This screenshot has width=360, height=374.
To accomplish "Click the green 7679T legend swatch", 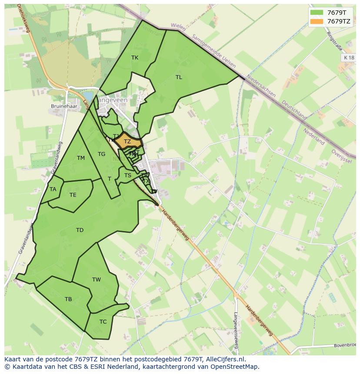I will point(317,13).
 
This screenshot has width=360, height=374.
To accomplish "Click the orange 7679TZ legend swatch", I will point(317,21).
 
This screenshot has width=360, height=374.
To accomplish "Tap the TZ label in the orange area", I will point(127,142).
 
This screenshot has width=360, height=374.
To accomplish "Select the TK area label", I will point(135,58).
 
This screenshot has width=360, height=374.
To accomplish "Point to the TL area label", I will point(179,77).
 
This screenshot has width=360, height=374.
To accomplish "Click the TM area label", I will point(81,158).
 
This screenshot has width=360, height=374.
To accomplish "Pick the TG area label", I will point(101,154).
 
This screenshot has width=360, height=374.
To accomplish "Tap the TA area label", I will point(53,189).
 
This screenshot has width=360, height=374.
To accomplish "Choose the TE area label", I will point(73,195).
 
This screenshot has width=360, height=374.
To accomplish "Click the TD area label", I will point(80,230).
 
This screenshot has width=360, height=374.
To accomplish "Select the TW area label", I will point(97,280).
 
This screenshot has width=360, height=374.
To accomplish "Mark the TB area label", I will point(68,299).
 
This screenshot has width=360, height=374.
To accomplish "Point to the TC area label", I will point(103,322).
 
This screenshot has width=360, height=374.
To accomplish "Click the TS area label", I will point(128,175).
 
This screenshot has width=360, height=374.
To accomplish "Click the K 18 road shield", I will point(348,57).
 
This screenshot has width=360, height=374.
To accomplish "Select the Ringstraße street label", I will point(335,40).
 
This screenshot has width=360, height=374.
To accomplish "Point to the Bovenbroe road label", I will point(345,346).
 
